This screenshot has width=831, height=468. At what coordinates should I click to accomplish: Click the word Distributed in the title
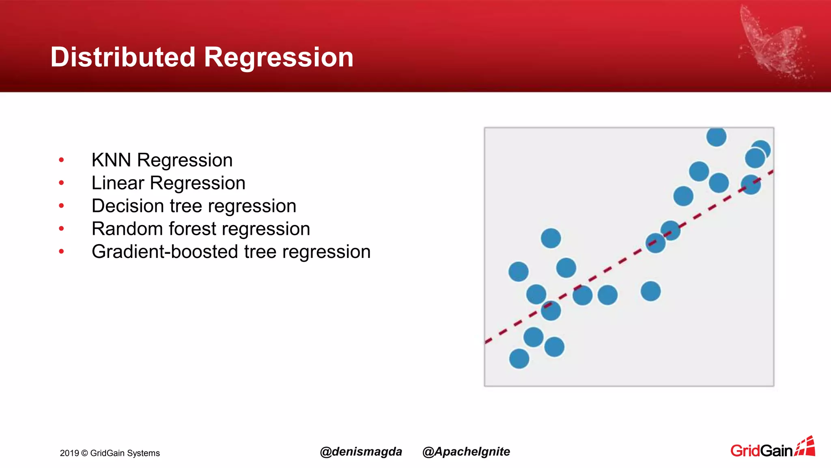pos(123,57)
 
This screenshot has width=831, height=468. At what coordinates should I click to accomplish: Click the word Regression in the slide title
pos(278,57)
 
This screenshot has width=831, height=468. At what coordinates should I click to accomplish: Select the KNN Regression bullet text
pos(162,160)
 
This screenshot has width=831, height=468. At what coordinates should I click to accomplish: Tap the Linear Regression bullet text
pos(168,183)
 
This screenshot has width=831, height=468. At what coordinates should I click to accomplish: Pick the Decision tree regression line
pos(194,206)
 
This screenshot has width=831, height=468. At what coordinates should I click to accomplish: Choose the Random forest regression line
pos(200,229)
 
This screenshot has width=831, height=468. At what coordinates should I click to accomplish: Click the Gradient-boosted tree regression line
pos(231,252)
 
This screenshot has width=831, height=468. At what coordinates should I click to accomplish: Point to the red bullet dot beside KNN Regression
pos(61,160)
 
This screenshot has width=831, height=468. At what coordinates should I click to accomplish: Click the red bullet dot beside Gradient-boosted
pos(61,252)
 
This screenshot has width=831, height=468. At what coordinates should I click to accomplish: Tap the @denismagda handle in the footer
pos(361,451)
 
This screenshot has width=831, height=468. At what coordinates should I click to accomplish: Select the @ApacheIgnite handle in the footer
pos(466,451)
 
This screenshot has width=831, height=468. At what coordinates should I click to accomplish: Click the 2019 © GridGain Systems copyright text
pos(110,453)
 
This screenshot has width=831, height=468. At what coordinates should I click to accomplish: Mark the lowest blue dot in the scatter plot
pos(519,359)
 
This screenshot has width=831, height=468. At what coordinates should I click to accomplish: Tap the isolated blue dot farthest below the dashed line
pos(650,291)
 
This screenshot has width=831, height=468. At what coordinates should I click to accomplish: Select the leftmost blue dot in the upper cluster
pos(683,196)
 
